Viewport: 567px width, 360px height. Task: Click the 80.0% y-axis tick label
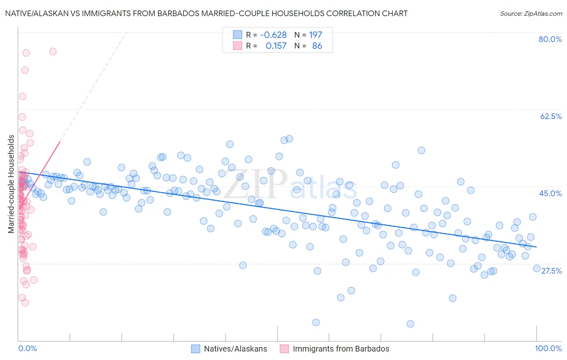click(550, 39)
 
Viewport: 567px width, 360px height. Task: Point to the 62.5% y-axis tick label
click(551, 116)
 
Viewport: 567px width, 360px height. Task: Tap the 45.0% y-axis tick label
click(550, 193)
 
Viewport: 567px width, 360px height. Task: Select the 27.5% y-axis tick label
click(551, 271)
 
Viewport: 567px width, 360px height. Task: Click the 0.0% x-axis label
click(27, 348)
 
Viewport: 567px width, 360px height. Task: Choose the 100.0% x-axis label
click(548, 348)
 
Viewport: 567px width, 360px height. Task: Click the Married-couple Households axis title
click(11, 184)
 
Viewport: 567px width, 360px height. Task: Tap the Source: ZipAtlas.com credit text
click(531, 14)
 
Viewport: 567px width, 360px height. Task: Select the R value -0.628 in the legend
click(273, 35)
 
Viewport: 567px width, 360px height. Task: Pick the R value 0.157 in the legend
click(276, 46)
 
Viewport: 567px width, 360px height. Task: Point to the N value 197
click(315, 35)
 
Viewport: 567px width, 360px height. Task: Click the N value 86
click(317, 46)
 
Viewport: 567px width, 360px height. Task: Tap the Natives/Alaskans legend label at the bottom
click(236, 349)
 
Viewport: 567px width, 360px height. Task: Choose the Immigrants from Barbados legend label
click(341, 349)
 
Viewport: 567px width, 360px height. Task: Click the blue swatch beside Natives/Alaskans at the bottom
click(196, 349)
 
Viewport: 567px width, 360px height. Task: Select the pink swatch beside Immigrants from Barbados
click(284, 349)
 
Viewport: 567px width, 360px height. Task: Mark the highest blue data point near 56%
click(289, 139)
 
